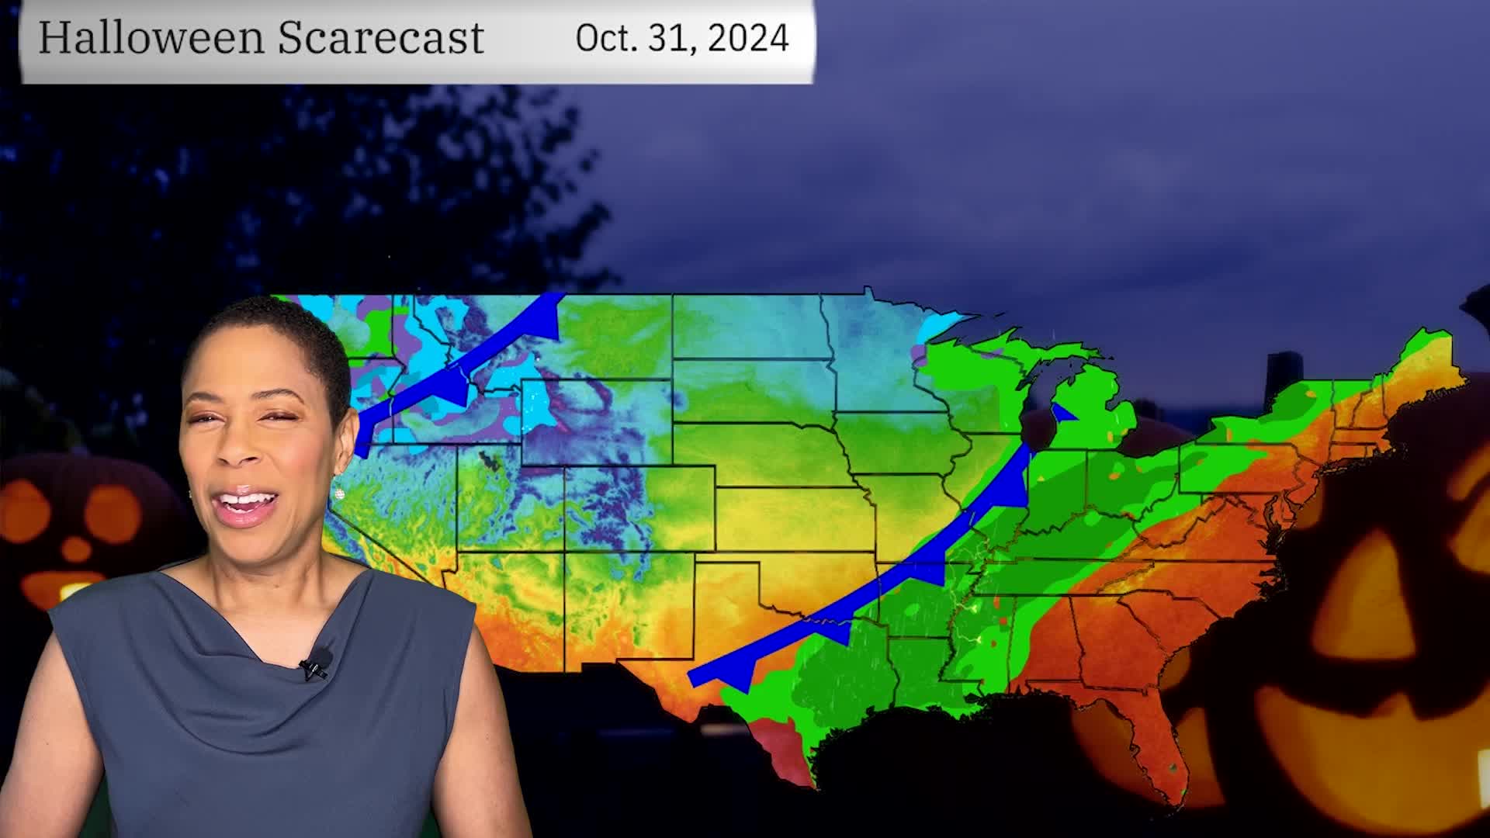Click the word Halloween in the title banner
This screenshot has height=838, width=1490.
click(x=150, y=37)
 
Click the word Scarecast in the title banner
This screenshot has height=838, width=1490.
click(x=380, y=37)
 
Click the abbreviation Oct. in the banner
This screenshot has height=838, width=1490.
click(x=606, y=38)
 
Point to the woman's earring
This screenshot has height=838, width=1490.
click(x=339, y=493)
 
